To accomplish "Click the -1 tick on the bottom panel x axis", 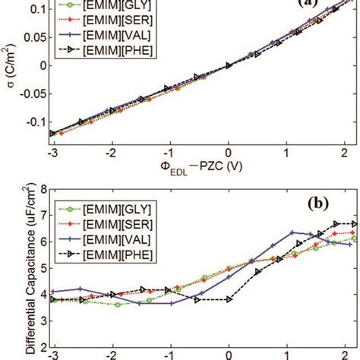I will coord(169,355).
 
